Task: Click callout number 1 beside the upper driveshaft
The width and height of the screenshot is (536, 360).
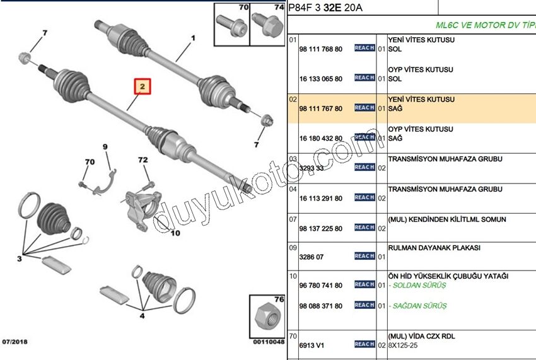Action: pos(194,38)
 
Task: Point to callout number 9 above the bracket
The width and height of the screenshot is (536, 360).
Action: pos(105,148)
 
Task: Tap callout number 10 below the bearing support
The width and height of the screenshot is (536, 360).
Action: pos(175,233)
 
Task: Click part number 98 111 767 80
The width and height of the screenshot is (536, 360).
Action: pos(321,108)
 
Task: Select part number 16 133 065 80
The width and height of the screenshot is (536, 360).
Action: pos(321,79)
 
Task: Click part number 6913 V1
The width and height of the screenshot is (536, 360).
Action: pos(312,345)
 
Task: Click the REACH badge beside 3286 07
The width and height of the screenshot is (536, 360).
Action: pos(364,256)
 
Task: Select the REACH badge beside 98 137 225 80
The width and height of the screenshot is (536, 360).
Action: pos(364,228)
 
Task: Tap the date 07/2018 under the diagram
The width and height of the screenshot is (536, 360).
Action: pos(15,340)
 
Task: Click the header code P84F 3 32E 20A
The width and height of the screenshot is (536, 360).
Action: pos(325,8)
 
